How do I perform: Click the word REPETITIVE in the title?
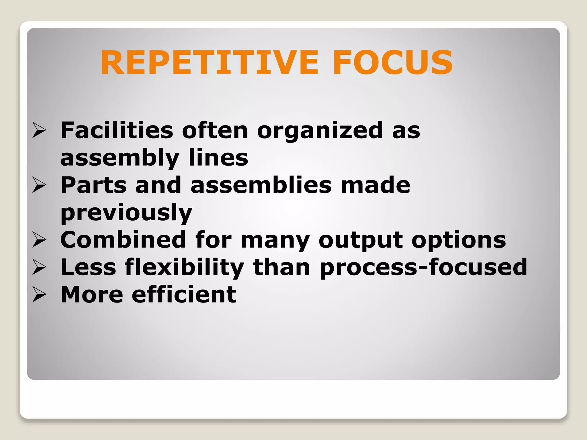tap(209, 62)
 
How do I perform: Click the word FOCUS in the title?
tap(393, 62)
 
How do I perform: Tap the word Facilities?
tap(117, 130)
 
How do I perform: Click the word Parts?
tap(93, 185)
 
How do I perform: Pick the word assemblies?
tap(261, 185)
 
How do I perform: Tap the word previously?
tap(126, 213)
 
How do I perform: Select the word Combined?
tap(123, 240)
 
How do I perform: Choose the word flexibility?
tap(184, 267)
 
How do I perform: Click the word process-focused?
tap(423, 267)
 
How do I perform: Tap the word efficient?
tap(184, 294)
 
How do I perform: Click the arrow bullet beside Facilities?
tap(39, 130)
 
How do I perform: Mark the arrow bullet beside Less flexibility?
tap(39, 267)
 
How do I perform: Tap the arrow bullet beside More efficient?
tap(39, 294)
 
